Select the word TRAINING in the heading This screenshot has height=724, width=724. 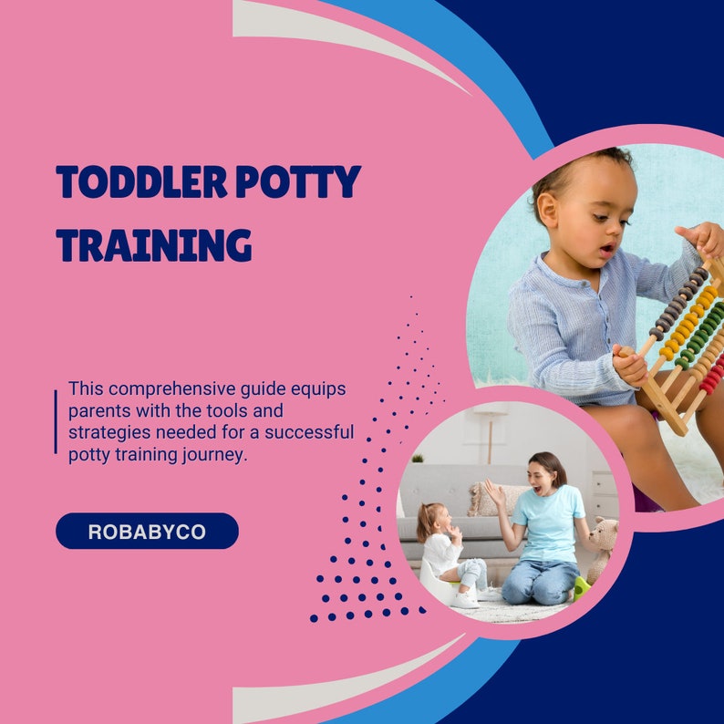pos(153,245)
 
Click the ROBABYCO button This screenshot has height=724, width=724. pos(147,531)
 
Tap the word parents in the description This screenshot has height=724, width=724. pos(98,410)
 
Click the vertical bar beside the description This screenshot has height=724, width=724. pos(56,421)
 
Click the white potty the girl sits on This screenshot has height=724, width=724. pos(436,584)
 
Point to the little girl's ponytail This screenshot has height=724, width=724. pos(425,521)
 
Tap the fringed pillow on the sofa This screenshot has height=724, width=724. pos(483,499)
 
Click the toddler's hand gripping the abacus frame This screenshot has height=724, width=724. pos(629,362)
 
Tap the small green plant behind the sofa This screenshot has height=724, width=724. pos(418,458)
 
